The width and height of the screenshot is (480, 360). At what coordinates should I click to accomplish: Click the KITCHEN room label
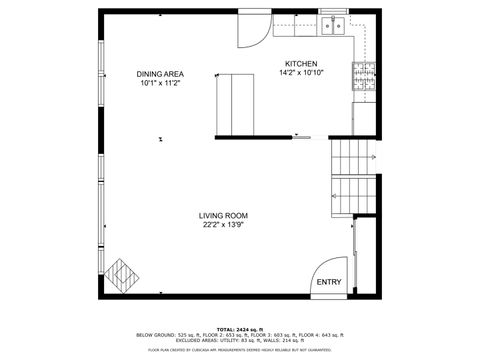pyautogui.click(x=301, y=63)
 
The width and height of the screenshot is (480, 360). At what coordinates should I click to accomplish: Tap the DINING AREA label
pyautogui.click(x=160, y=74)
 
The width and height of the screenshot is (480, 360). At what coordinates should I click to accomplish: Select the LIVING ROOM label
pyautogui.click(x=223, y=216)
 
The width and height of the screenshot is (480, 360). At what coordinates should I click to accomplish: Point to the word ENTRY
pyautogui.click(x=328, y=282)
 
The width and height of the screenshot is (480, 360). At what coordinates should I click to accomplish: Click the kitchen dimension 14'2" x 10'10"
pyautogui.click(x=301, y=72)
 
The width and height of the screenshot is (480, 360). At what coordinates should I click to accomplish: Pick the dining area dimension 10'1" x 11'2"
pyautogui.click(x=160, y=84)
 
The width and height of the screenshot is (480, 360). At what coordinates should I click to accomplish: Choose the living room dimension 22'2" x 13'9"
pyautogui.click(x=223, y=226)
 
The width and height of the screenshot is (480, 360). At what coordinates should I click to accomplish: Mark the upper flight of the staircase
pyautogui.click(x=353, y=154)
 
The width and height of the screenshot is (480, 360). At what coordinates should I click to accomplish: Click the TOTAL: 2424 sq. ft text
pyautogui.click(x=240, y=328)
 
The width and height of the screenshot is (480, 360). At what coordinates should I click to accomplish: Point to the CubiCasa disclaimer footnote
pyautogui.click(x=240, y=350)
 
